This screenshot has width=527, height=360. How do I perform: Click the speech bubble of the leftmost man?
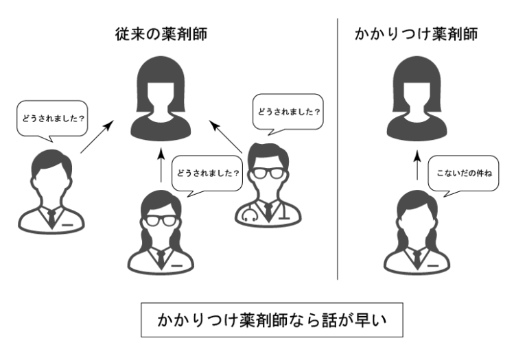point(52,117)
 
